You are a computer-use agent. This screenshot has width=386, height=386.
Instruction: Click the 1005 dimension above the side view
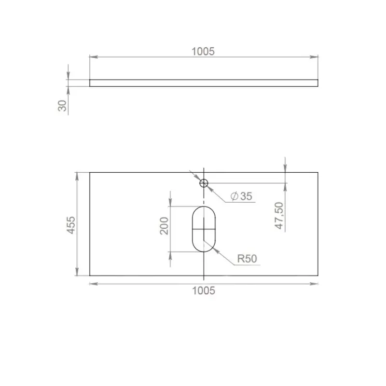point(203,52)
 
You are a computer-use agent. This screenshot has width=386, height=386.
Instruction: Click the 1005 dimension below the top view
point(204,290)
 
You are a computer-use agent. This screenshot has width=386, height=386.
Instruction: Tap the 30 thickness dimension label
point(62,106)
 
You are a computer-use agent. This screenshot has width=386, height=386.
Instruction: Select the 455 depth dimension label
point(71,225)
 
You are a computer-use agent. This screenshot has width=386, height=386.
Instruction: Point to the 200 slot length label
point(164,226)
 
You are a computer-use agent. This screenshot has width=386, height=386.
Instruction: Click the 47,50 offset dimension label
point(279,216)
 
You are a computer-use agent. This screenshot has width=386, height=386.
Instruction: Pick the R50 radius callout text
point(247,259)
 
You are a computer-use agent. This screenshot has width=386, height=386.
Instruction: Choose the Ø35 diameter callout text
point(241,196)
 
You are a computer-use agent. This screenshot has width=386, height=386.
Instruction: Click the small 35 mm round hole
point(204,183)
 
